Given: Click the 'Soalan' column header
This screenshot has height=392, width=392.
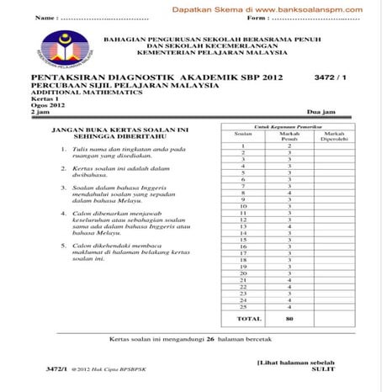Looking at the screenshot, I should pos(242,133).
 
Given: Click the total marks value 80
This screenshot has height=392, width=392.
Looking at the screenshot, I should pos(289,320).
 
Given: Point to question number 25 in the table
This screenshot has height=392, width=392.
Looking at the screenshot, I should pos(242,306).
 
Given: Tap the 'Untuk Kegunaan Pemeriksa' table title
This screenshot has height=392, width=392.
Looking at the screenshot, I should pos(289,126).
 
